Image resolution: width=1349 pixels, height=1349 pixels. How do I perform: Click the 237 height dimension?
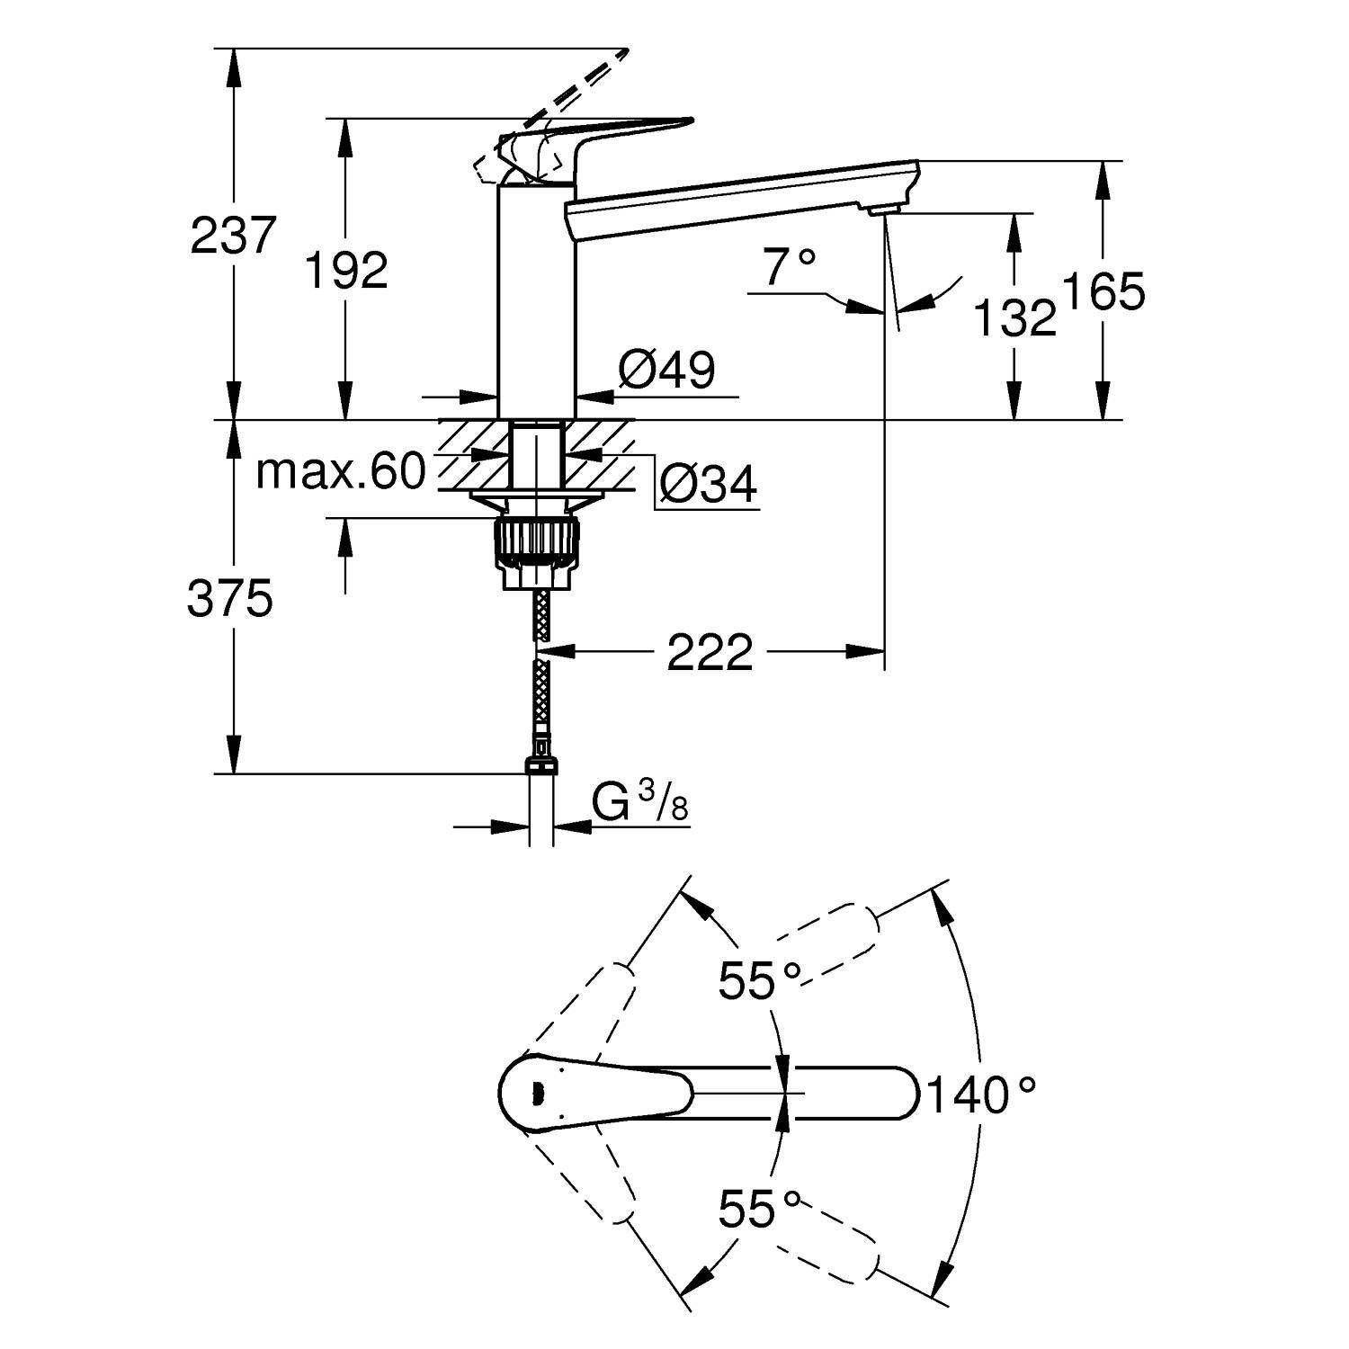[232, 236]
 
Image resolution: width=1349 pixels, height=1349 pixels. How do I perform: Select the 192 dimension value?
[346, 269]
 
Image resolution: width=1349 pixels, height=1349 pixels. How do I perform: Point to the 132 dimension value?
[1014, 317]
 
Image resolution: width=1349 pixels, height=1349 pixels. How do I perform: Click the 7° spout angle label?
[789, 266]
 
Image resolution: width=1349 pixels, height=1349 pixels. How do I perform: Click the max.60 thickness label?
[339, 471]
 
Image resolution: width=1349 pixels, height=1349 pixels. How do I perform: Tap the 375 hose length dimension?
[230, 599]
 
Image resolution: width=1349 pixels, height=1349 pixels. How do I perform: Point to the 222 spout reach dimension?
[709, 652]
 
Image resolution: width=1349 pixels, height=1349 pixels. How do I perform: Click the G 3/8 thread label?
[640, 803]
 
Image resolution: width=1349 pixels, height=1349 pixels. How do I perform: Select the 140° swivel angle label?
[980, 1094]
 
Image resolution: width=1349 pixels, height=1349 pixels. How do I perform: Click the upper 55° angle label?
[759, 980]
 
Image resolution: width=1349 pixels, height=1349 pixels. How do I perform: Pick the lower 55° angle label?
[759, 1210]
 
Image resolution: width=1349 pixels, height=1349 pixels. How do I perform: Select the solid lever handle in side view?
[594, 135]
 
